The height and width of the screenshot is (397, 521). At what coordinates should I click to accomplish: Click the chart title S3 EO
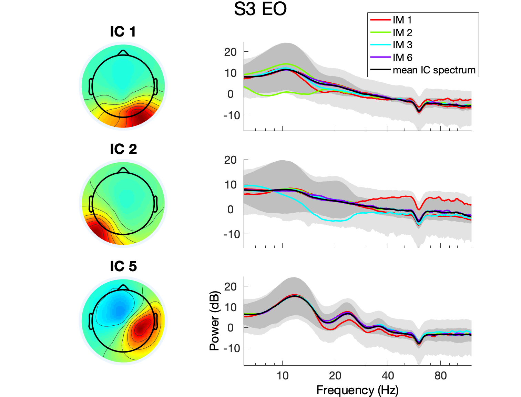(x=260, y=9)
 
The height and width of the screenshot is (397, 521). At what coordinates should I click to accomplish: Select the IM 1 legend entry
(x=402, y=20)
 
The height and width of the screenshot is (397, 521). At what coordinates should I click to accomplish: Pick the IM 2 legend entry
(x=402, y=33)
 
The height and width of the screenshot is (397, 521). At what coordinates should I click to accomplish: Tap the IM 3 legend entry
(x=402, y=45)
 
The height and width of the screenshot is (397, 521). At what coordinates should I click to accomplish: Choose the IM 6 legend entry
(x=402, y=58)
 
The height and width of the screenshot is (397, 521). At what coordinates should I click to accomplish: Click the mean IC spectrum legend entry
(x=434, y=70)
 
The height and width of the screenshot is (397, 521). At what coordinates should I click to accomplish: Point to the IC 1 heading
(x=123, y=32)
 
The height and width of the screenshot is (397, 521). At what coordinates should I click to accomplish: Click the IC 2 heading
(x=123, y=149)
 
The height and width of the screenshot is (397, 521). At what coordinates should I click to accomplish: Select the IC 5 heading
(x=123, y=266)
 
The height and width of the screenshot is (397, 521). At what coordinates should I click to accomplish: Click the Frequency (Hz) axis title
(x=357, y=390)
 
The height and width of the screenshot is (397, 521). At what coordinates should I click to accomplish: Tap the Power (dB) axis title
(x=214, y=321)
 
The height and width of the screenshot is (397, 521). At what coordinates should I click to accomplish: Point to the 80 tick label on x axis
(x=440, y=376)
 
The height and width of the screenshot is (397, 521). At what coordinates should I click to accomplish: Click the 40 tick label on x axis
(x=388, y=376)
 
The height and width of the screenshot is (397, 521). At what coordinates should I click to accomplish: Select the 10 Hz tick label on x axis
(x=283, y=376)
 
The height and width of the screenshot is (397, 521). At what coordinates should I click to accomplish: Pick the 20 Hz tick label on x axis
(x=335, y=376)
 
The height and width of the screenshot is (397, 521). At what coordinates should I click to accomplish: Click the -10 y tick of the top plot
(x=232, y=115)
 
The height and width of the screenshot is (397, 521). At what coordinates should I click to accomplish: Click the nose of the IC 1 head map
(x=123, y=53)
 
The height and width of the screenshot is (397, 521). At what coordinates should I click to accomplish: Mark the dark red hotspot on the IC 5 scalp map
(x=141, y=328)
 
